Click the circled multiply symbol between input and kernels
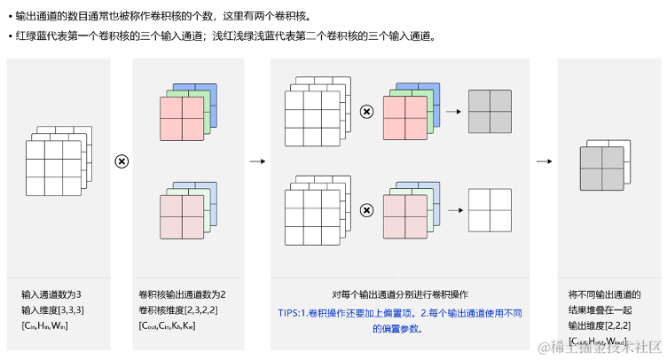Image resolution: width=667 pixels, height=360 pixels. pos(122,160)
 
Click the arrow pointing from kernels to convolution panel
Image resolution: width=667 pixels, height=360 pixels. pos(257,160)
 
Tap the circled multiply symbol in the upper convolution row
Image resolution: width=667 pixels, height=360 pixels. pos(365,112)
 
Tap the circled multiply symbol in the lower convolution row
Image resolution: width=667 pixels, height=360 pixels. pos(365,210)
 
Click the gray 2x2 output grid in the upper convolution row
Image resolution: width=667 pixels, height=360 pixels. pos(490,111)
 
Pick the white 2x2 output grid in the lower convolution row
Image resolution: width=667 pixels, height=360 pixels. pos(490,210)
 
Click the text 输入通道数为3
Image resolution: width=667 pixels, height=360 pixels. pos(52,294)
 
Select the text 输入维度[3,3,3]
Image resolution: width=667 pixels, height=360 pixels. pos(54,309)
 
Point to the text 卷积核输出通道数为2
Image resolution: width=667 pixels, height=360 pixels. pos(182,294)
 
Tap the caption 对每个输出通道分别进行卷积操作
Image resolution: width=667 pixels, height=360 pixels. pos(400,294)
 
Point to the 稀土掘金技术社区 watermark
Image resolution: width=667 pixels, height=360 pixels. pos(600,346)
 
